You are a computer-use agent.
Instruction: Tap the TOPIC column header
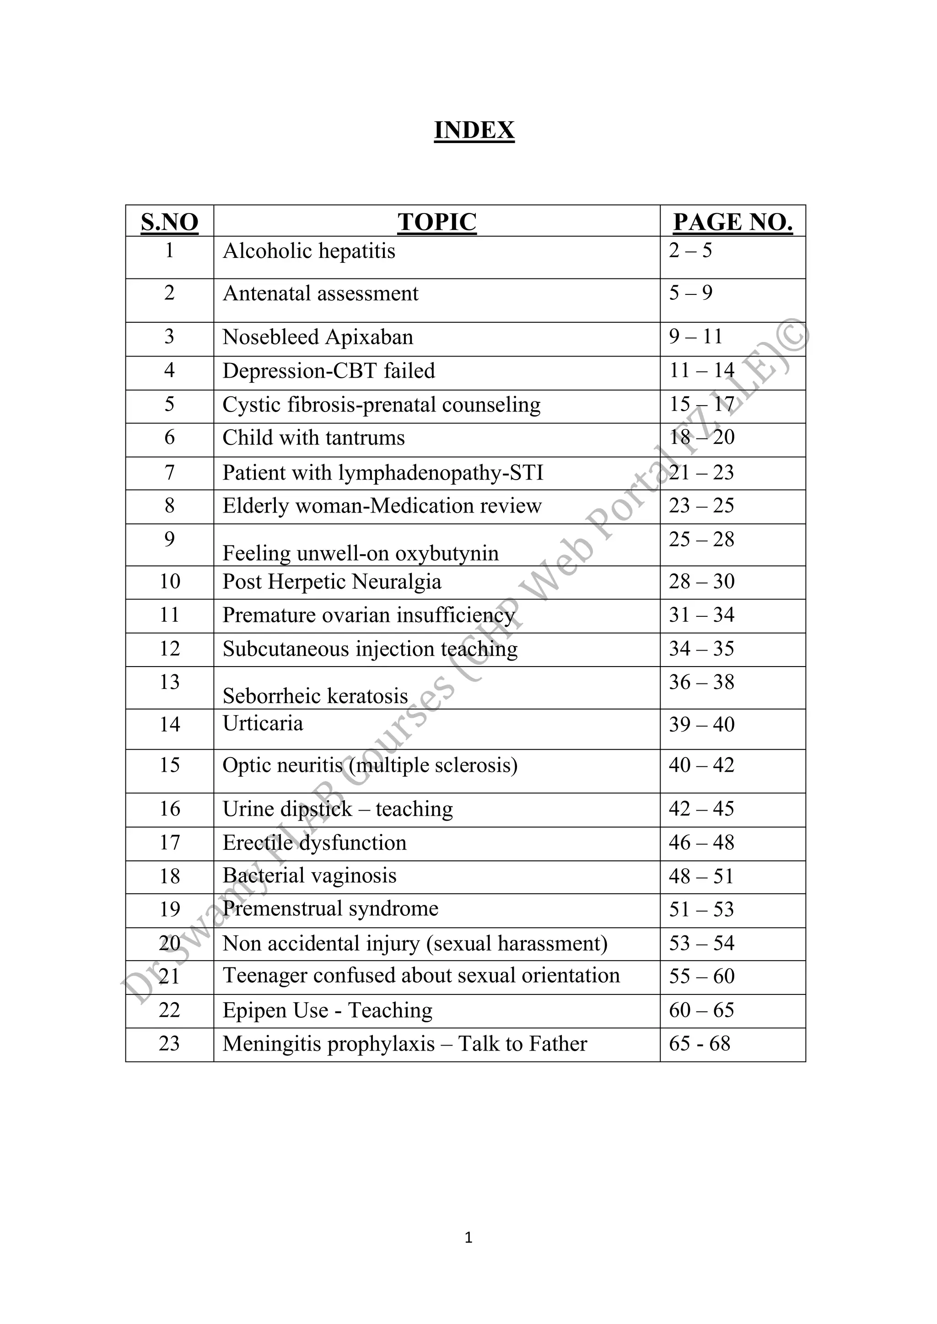[437, 222]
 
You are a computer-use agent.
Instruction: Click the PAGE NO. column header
[733, 222]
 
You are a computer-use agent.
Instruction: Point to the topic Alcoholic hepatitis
[309, 251]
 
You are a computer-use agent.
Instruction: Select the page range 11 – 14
[701, 370]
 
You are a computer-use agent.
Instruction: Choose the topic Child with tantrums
[313, 438]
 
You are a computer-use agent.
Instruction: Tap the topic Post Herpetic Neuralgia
[332, 581]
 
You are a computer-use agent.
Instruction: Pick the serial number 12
[170, 649]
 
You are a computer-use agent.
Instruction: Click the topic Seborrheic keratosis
[315, 696]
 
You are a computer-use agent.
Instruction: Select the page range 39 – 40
[701, 724]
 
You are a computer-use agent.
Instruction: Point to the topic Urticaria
[263, 723]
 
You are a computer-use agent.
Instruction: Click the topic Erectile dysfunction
[314, 843]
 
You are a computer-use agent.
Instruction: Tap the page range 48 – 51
[701, 876]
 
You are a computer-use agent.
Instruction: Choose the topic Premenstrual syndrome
[331, 908]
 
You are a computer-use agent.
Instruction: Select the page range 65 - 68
[699, 1043]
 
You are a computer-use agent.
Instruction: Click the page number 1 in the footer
[468, 1238]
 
